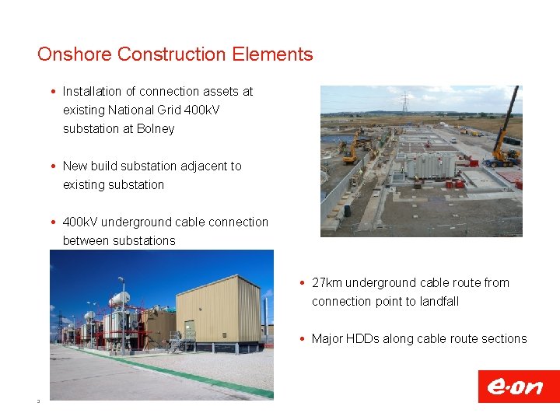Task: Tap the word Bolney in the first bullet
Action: click(x=156, y=129)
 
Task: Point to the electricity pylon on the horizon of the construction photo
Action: click(x=404, y=102)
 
